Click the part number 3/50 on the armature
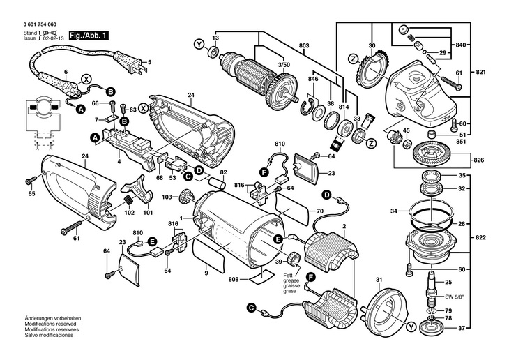284,64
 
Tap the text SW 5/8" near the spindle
455,297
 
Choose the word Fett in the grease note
287,276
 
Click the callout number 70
321,211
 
